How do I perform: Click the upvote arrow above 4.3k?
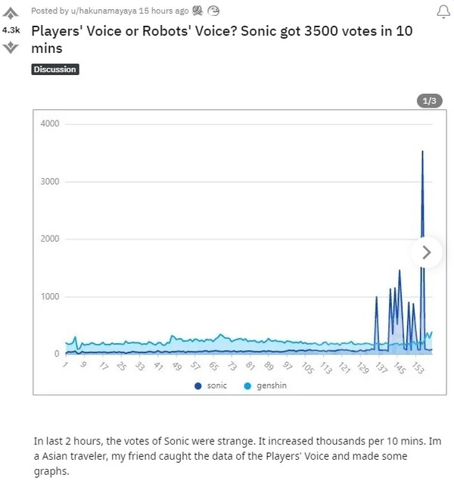(11, 13)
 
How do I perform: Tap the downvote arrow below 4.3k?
(11, 47)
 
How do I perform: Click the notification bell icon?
(443, 11)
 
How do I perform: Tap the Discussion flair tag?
(55, 70)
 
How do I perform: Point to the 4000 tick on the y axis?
(50, 123)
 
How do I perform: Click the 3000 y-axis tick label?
(50, 182)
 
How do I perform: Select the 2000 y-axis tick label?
(50, 239)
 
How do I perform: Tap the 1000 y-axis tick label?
(50, 297)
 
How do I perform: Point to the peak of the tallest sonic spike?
(422, 151)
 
